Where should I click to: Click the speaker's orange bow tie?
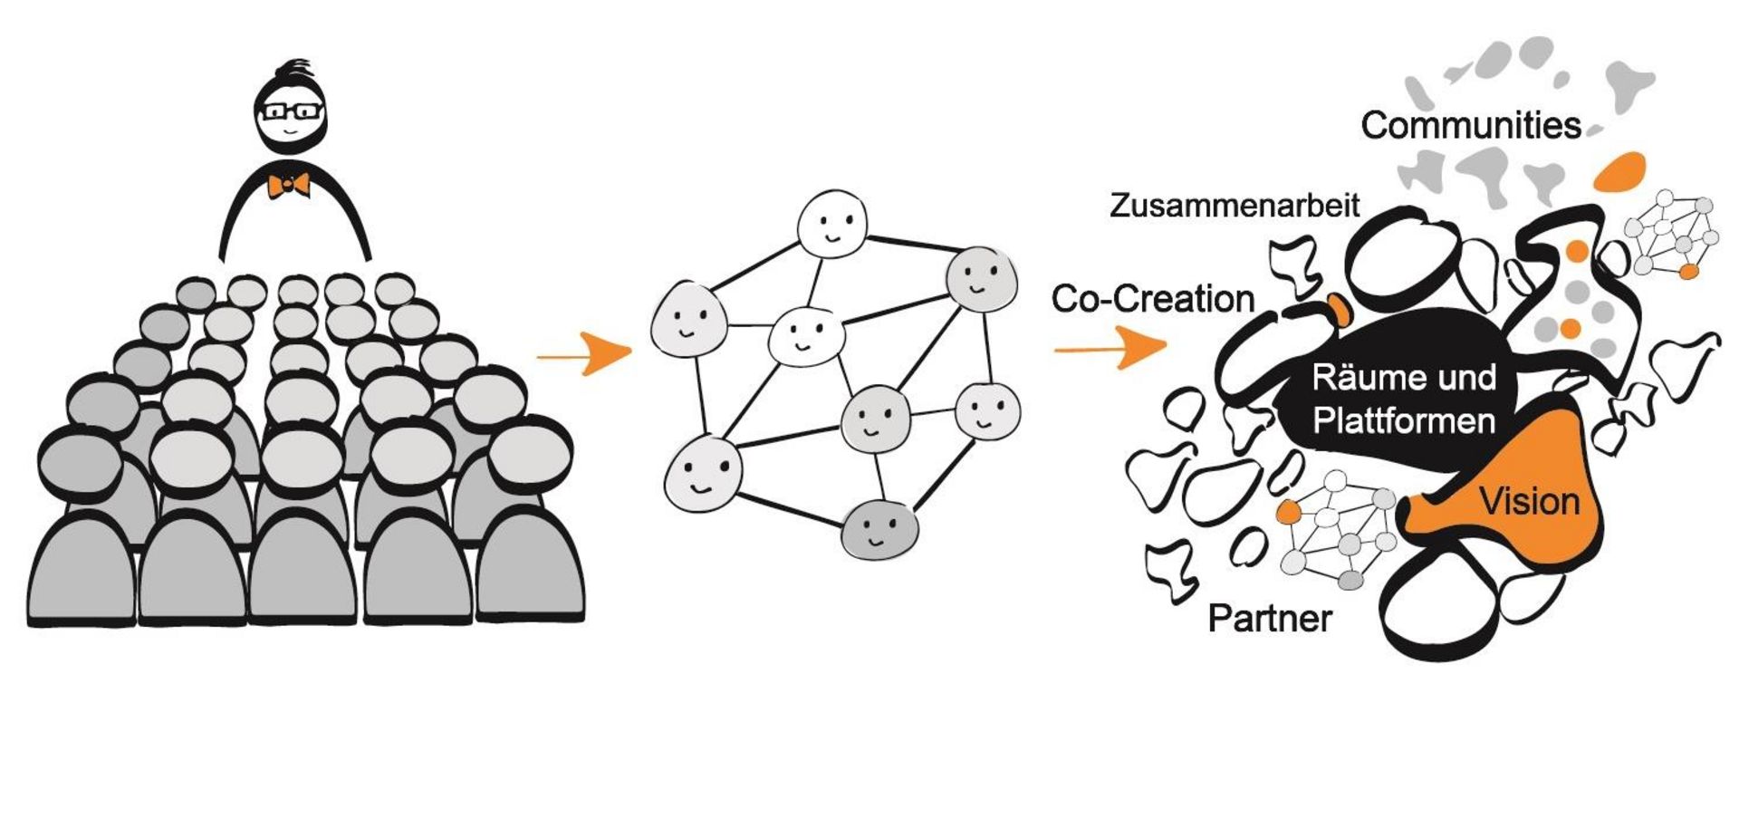coord(288,185)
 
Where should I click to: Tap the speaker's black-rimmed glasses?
coord(291,112)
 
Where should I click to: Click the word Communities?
coord(1470,126)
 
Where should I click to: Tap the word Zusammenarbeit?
coord(1235,206)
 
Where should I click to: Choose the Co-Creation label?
coord(1152,299)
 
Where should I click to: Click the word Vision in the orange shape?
coord(1530,501)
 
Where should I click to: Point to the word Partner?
coord(1270,619)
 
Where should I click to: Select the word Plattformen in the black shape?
coord(1404,421)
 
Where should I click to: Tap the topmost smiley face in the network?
coord(831,223)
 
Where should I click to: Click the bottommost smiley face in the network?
coord(879,529)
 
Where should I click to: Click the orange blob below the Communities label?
coord(1619,171)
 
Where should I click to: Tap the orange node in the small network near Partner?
coord(1289,513)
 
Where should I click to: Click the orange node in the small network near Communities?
coord(1688,271)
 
